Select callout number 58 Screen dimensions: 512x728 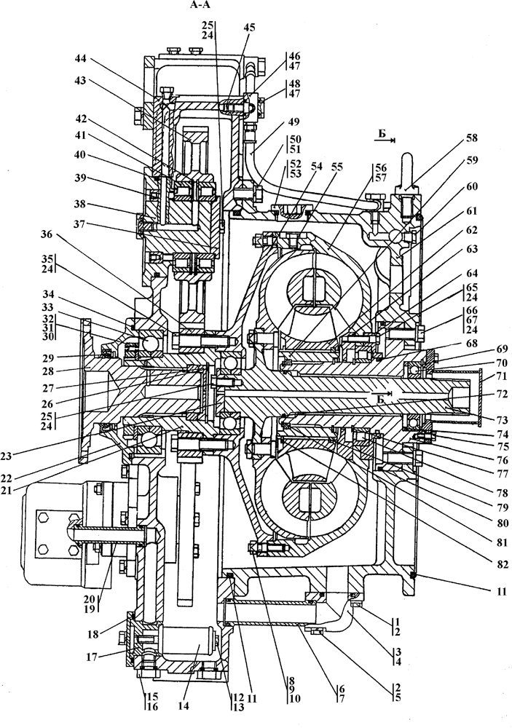[x=472, y=138]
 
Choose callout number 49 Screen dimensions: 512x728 [x=294, y=122]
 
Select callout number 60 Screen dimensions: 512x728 [x=472, y=186]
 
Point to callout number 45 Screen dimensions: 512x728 [x=249, y=28]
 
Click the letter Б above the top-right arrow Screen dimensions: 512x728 [x=382, y=133]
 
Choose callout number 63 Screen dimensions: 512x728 [x=472, y=249]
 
